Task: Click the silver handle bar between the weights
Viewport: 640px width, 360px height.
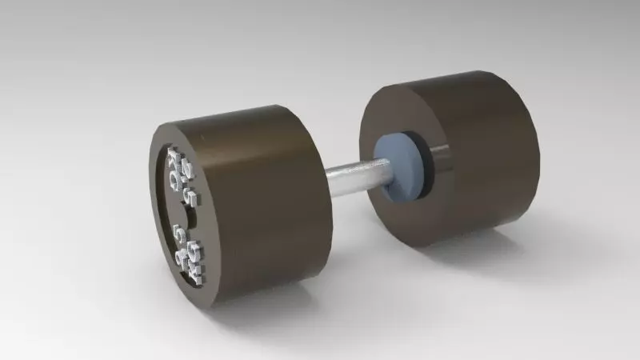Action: [x=352, y=176]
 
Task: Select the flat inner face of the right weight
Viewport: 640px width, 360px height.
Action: [x=384, y=120]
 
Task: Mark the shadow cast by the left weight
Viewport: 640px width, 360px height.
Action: [x=264, y=308]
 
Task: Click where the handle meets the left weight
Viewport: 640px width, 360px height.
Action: [x=329, y=180]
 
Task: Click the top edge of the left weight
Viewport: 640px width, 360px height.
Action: [x=232, y=113]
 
